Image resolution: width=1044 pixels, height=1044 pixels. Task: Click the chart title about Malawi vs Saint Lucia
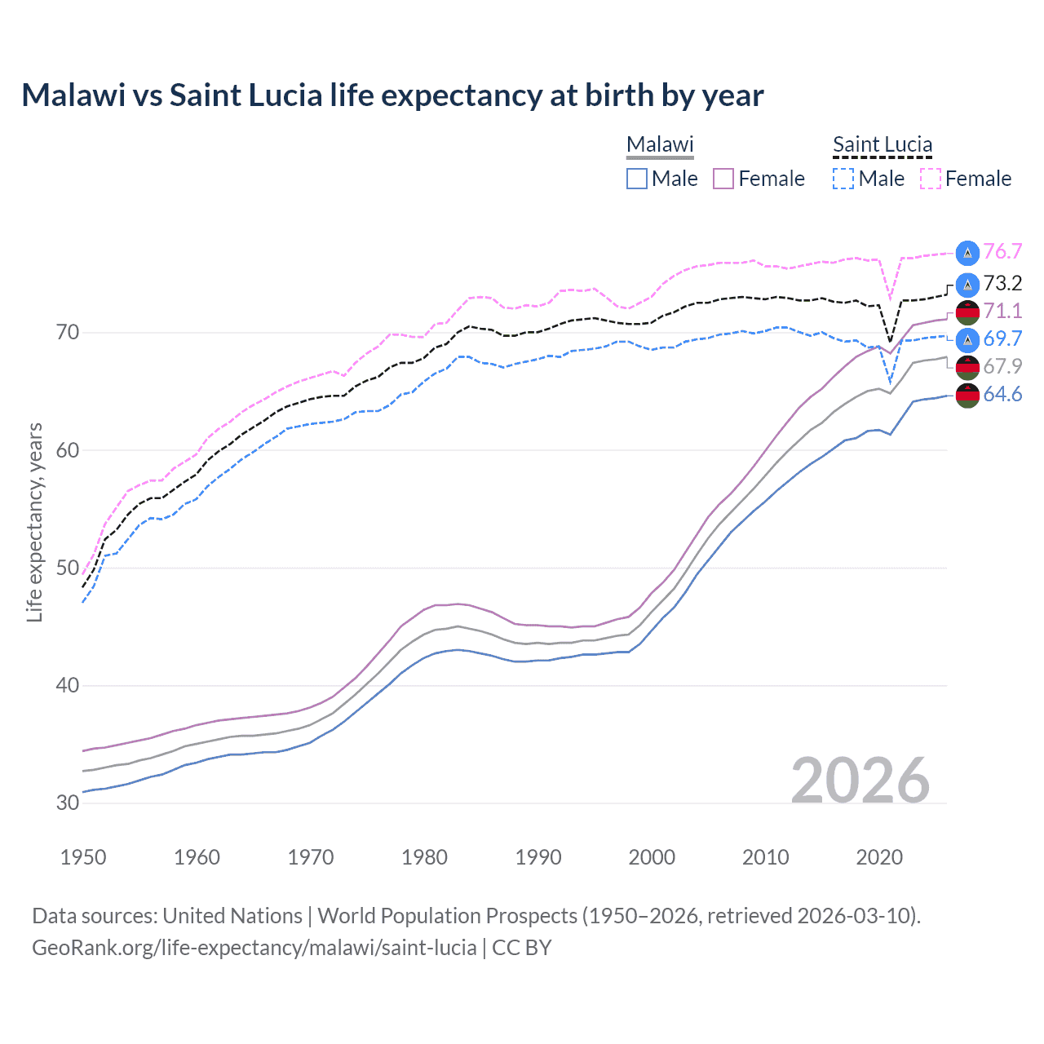click(392, 95)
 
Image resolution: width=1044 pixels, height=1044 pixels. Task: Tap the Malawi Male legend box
click(637, 179)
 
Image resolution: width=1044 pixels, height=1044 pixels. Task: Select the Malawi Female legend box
click(723, 179)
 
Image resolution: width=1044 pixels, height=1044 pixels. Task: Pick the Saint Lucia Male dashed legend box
click(843, 179)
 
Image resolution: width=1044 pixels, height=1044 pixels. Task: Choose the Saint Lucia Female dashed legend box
click(930, 179)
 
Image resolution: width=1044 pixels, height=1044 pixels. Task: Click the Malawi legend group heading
click(660, 145)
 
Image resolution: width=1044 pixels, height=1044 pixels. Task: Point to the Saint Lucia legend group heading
click(883, 145)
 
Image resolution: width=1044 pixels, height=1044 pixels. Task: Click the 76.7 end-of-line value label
click(1002, 251)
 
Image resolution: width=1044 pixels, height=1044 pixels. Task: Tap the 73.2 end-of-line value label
click(1002, 283)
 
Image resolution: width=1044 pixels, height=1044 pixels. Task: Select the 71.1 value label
click(1002, 311)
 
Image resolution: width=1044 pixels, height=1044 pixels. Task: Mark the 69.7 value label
click(1002, 338)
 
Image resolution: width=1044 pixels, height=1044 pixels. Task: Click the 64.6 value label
click(1002, 395)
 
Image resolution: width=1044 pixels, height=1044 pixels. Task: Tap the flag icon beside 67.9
click(967, 367)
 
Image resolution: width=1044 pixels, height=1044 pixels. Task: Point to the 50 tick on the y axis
click(68, 568)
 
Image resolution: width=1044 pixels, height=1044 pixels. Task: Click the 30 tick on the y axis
click(68, 803)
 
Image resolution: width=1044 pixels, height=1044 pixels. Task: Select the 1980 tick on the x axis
click(424, 857)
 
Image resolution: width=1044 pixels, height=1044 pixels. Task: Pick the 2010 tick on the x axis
click(765, 857)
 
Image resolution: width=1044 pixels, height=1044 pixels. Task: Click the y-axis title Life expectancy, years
click(35, 522)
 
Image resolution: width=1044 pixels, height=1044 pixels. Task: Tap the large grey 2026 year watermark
click(860, 781)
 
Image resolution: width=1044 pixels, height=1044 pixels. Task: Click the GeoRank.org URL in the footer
click(254, 948)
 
